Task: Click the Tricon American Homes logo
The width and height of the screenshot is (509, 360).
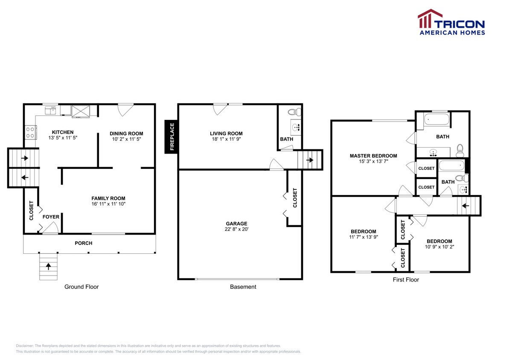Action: [451, 22]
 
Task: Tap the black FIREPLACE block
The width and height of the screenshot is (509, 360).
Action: [172, 137]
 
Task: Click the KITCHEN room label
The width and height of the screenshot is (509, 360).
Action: [63, 132]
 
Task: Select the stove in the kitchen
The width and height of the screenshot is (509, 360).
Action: [30, 131]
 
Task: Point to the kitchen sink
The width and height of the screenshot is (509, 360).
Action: [51, 110]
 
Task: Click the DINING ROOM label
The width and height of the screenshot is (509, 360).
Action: [126, 134]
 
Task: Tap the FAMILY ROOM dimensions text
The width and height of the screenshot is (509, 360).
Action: [108, 204]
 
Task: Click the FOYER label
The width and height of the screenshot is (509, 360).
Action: [50, 217]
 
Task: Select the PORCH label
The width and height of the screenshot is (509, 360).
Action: [84, 243]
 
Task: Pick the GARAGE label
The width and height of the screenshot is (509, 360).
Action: [236, 224]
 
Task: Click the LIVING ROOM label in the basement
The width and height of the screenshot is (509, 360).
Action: [227, 134]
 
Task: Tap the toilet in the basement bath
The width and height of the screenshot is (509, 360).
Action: [294, 113]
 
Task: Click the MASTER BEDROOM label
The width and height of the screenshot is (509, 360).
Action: [373, 156]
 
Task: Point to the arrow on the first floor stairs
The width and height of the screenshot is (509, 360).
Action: [465, 206]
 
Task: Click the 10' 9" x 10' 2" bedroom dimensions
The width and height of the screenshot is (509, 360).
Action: [439, 247]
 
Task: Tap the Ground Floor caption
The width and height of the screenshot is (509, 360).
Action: [81, 287]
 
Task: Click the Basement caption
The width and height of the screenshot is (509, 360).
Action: [243, 287]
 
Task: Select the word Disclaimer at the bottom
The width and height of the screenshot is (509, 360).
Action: [25, 345]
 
